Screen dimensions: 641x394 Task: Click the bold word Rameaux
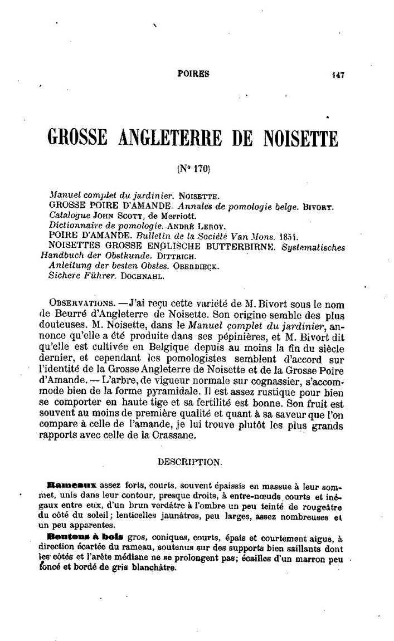click(x=68, y=485)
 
